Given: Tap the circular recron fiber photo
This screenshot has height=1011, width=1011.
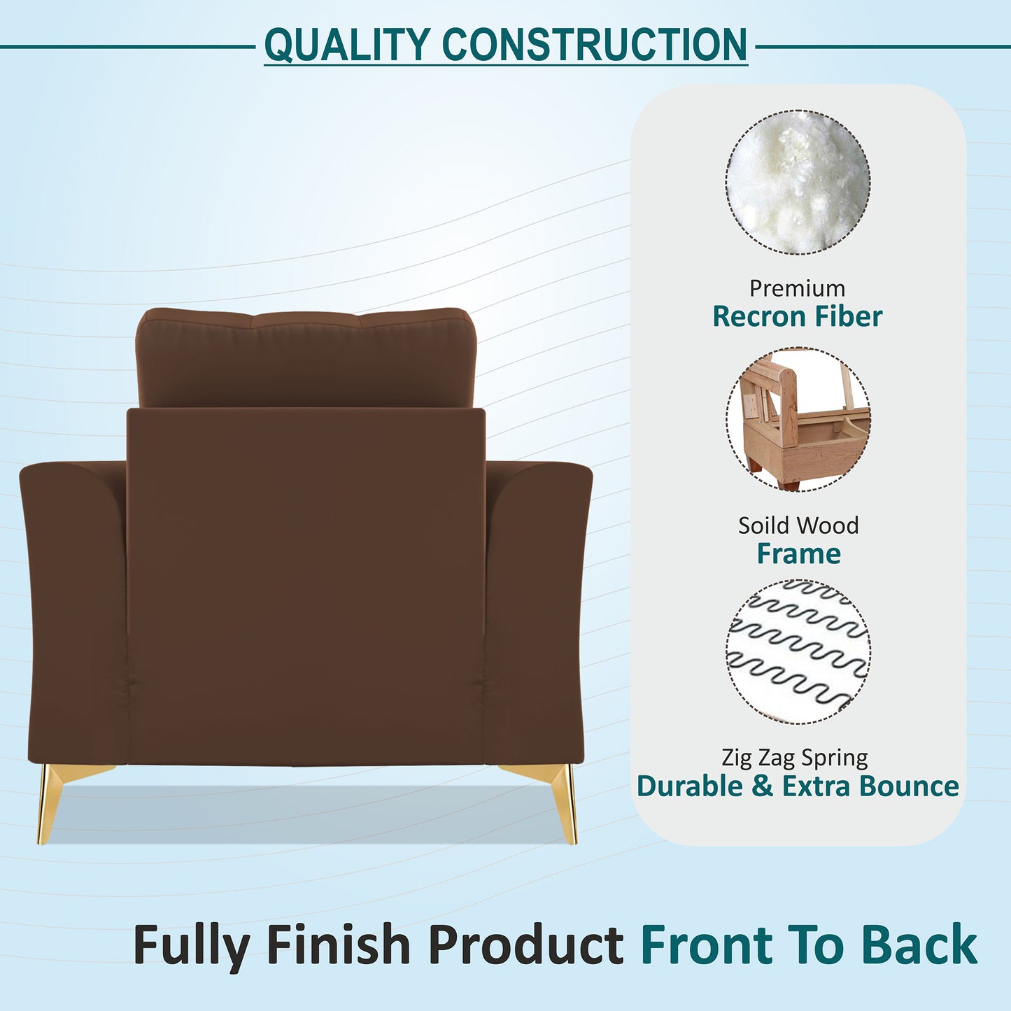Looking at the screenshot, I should (x=798, y=182).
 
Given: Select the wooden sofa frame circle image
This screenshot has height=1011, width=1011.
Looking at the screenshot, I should (x=798, y=419).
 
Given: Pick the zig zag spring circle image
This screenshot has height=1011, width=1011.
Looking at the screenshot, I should (x=798, y=651).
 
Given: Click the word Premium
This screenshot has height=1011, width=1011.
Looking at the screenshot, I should (x=797, y=288).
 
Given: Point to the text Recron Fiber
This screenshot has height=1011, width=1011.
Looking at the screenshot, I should (x=797, y=316).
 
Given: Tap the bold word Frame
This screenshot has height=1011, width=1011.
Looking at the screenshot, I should (x=798, y=553).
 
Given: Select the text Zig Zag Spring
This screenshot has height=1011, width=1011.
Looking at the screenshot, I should (x=795, y=757).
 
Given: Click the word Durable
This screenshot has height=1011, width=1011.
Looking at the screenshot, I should (x=690, y=786).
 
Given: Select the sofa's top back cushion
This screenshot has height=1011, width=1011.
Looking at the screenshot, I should (x=305, y=357).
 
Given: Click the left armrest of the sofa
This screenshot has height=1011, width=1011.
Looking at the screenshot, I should (x=73, y=609).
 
